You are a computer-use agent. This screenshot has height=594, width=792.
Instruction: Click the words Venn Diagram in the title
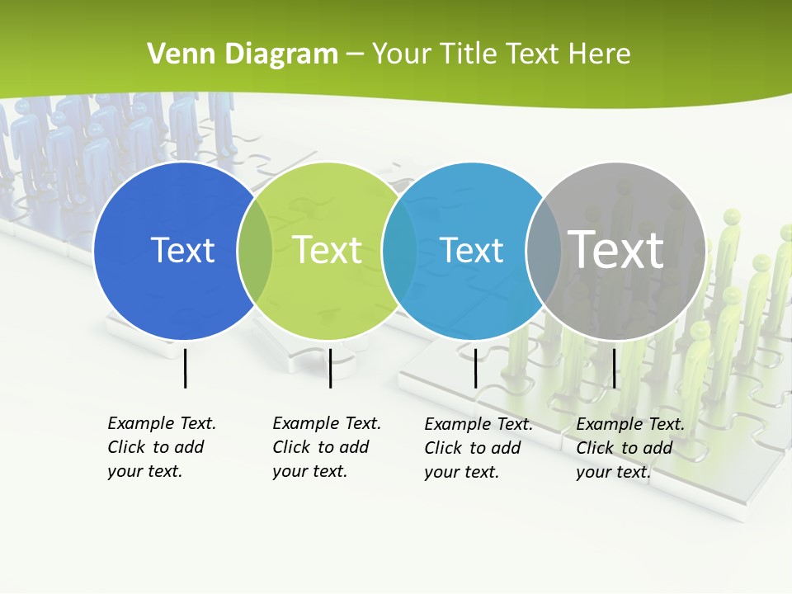243,54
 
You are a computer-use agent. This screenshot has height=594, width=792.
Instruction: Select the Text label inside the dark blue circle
182,250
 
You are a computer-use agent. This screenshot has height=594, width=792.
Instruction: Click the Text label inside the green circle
328,250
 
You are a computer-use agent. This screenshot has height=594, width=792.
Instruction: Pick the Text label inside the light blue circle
472,250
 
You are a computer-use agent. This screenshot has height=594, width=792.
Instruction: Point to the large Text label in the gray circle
616,249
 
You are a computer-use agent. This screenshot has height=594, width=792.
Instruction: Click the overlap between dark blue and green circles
255,251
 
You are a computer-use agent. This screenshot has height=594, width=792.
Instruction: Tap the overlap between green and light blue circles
399,251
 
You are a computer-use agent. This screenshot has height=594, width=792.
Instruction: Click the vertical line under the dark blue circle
186,368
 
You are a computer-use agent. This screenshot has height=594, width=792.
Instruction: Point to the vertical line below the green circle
330,368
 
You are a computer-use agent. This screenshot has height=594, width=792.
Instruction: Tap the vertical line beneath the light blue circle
475,368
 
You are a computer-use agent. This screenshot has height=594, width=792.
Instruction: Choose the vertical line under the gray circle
614,368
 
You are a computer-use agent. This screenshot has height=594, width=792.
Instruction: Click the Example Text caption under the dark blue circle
162,447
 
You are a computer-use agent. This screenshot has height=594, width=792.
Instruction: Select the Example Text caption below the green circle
327,447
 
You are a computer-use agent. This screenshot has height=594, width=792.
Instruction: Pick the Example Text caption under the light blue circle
478,448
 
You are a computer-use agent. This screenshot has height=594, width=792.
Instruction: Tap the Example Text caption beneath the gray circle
630,448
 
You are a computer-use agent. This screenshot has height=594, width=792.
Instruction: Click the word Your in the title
401,54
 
